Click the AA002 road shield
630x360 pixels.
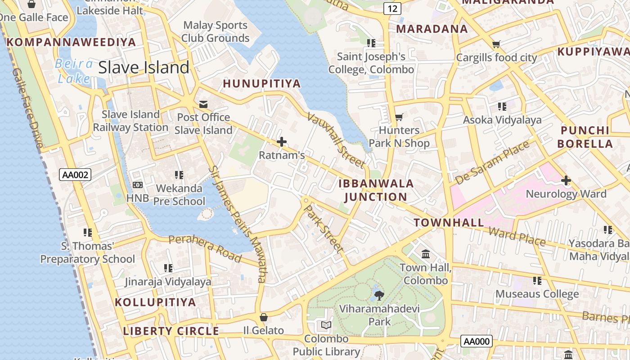75,175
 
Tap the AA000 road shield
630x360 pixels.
477,341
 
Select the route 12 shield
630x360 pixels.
392,8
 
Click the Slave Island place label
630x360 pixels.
144,67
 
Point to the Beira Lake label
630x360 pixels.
74,71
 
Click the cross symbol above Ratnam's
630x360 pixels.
282,142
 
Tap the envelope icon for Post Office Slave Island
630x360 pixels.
203,104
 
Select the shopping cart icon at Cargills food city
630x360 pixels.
496,44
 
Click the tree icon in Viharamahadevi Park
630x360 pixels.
379,296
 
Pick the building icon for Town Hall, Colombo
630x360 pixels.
426,254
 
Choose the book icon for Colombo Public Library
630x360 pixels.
326,325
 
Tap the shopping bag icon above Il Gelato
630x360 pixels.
264,317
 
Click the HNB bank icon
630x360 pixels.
138,184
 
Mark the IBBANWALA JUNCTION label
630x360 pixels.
376,190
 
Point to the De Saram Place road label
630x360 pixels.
492,162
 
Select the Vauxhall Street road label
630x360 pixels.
336,139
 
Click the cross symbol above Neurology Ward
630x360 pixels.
566,180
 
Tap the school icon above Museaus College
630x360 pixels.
537,281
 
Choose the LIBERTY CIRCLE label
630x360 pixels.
171,331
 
